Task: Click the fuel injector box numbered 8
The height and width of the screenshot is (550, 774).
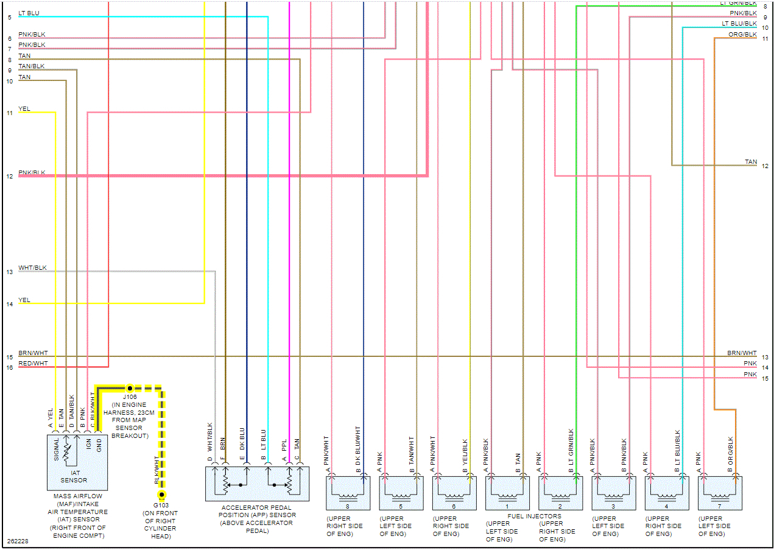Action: tap(348, 493)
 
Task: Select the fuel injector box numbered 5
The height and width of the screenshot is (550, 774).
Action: tap(401, 493)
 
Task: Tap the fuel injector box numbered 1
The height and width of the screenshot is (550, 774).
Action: tap(507, 493)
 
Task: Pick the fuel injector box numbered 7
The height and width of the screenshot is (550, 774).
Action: tap(720, 493)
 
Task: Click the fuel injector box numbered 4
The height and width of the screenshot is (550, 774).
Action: tap(667, 493)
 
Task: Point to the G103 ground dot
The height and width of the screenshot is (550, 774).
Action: tap(161, 495)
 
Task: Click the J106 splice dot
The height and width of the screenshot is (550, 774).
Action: tap(130, 387)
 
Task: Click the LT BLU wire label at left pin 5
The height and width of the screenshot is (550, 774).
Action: tap(30, 13)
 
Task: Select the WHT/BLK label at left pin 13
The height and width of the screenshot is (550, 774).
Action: tap(32, 267)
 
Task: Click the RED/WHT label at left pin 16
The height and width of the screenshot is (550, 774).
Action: tap(33, 363)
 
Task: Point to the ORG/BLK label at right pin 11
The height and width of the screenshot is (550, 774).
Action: tap(742, 35)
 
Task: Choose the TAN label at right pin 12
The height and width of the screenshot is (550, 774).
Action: tap(751, 162)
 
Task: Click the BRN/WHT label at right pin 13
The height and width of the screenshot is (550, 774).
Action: tap(742, 353)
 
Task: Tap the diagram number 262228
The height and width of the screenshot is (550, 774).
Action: tap(17, 541)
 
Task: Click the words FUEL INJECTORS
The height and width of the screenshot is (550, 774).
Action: tap(534, 517)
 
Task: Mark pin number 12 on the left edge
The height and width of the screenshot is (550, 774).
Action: tap(10, 177)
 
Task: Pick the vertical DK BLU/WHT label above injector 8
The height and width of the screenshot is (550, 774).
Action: tap(359, 447)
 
